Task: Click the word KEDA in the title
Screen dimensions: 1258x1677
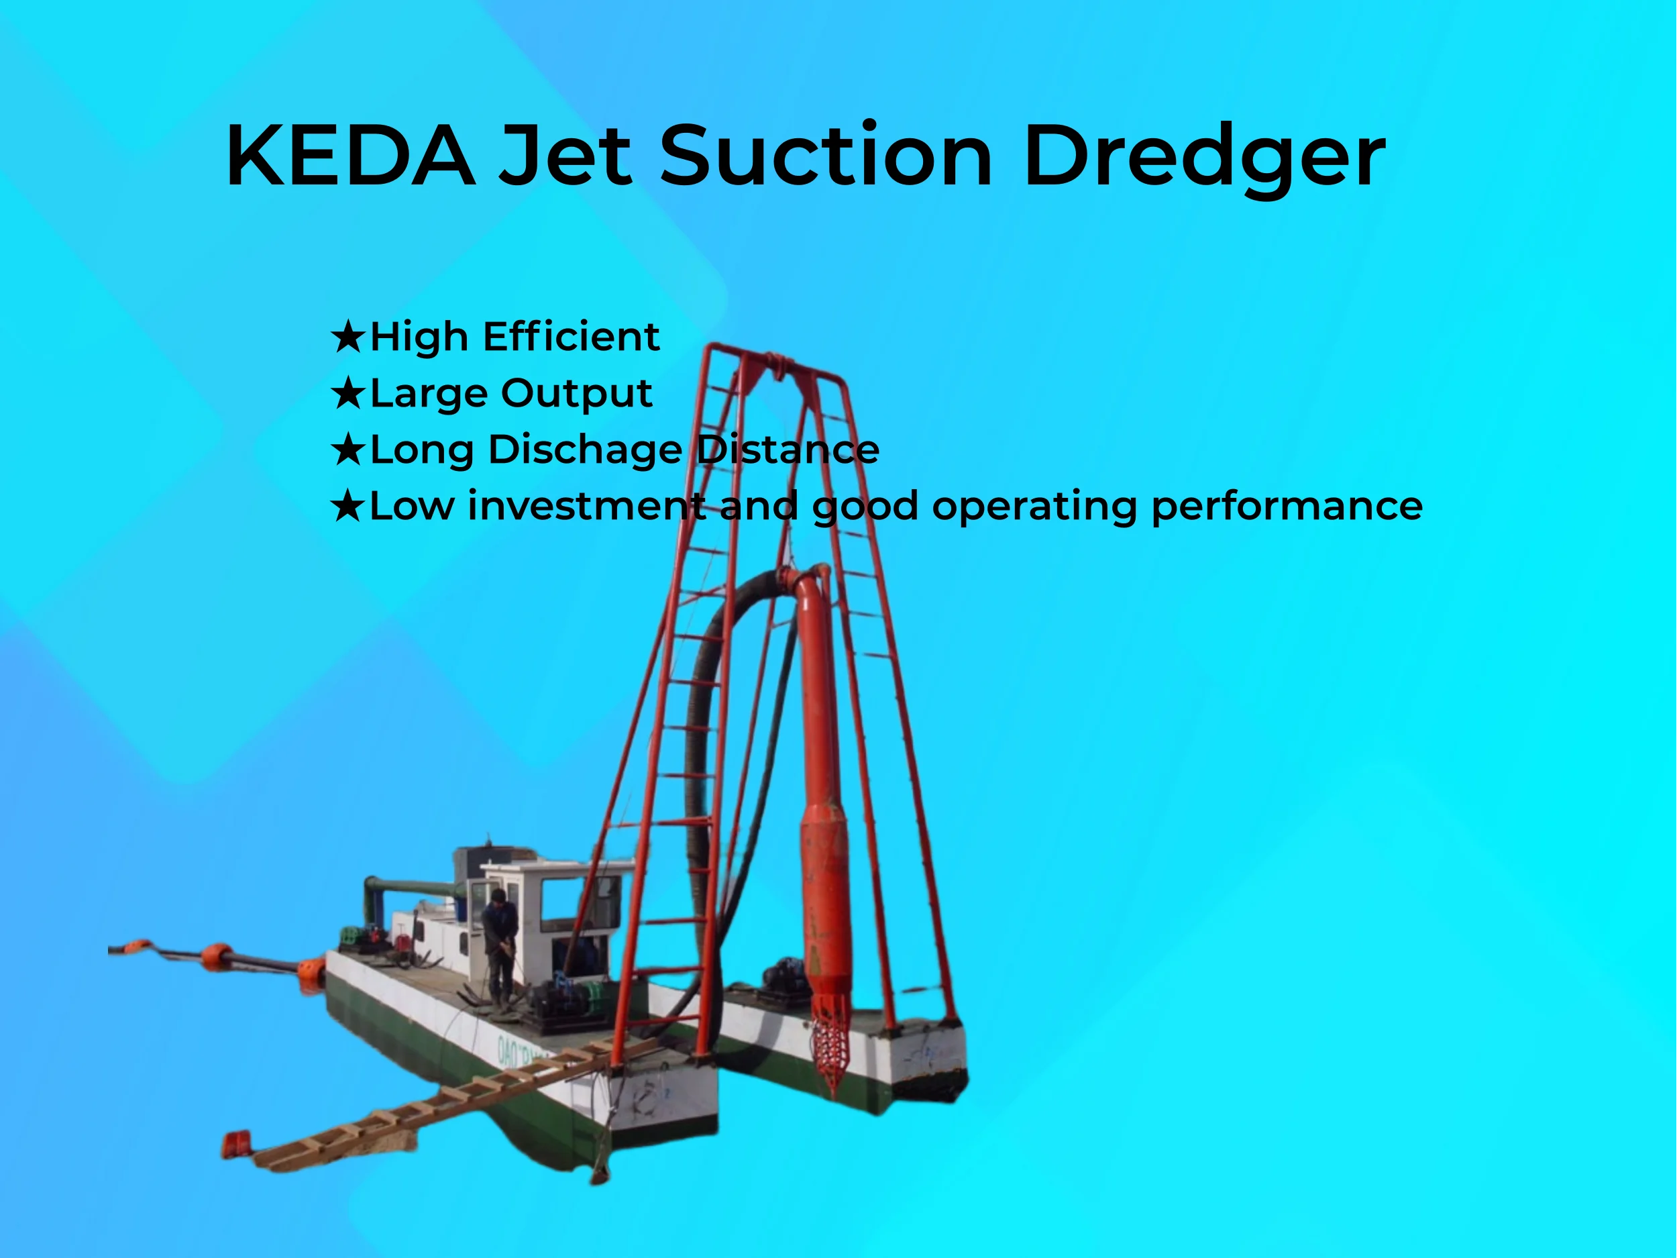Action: pos(350,156)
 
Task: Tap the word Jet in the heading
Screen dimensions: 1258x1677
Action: pos(565,156)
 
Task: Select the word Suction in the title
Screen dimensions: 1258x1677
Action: pos(826,156)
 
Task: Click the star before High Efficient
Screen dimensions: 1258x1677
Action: pos(348,337)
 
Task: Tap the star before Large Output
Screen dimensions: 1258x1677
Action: pos(348,394)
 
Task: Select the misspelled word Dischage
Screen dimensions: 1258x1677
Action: pos(586,450)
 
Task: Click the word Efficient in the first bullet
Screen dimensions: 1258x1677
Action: pos(571,337)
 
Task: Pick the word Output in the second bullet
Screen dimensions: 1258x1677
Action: pos(576,394)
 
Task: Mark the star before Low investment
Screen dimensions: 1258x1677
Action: pos(348,507)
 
